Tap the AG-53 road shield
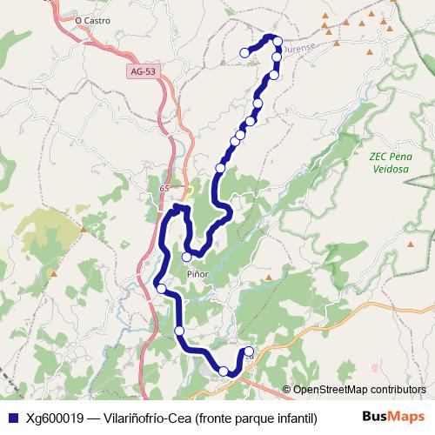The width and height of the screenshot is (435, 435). tap(141, 73)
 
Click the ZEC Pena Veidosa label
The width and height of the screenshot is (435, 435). tap(389, 163)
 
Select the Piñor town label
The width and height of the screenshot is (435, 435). tap(198, 273)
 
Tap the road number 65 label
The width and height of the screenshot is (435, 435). tap(164, 188)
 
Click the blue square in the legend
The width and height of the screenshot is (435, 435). tap(12, 417)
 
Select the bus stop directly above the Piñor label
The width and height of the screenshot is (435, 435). tap(186, 257)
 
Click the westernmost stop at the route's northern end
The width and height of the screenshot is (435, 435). tap(244, 53)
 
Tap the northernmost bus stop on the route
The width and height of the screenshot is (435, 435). tap(278, 41)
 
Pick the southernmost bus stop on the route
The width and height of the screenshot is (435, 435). tap(224, 371)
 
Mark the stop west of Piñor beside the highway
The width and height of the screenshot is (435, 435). tap(161, 288)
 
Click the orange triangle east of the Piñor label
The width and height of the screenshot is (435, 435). tap(269, 279)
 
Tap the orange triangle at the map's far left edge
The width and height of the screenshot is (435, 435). tap(54, 273)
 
